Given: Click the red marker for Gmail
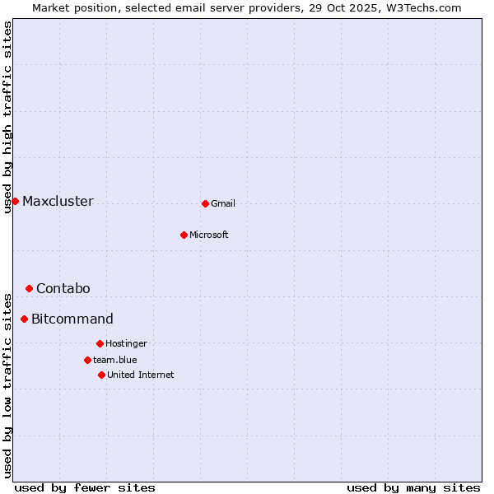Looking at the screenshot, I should click(205, 203).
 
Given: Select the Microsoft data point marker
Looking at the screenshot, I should click(184, 235).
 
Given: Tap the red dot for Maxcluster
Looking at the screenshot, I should click(15, 201).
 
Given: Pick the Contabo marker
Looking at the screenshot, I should click(29, 288).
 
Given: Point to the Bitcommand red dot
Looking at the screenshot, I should click(24, 319).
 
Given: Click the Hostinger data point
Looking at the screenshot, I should click(100, 343).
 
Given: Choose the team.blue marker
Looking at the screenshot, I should click(87, 360).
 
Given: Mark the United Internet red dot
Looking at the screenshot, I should click(101, 375).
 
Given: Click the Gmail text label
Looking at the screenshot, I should click(223, 203).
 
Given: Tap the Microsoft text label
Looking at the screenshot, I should click(209, 235).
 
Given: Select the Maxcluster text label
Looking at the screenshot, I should click(58, 201).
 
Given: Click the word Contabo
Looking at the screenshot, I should click(63, 288).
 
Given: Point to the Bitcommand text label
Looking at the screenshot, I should click(72, 319).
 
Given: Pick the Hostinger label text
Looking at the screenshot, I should click(126, 343).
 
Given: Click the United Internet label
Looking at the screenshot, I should click(141, 375).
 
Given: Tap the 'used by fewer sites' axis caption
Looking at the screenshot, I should click(85, 487).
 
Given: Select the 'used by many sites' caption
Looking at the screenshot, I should click(413, 487).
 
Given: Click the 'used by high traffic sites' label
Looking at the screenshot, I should click(8, 117).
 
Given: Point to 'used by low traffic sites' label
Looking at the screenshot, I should click(8, 384).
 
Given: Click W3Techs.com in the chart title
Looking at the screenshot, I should click(424, 7).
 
